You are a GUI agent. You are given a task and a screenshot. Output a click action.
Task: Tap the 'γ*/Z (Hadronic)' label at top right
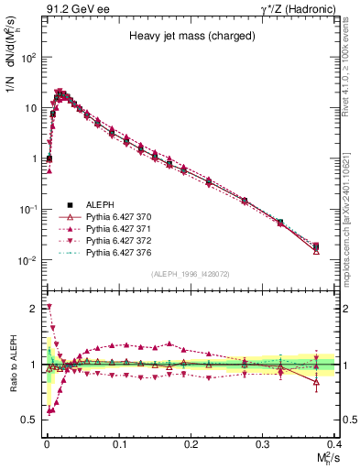point(301,8)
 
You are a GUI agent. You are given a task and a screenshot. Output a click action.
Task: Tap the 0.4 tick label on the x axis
point(335,442)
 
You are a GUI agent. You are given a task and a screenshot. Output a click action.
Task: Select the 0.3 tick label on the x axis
point(263,442)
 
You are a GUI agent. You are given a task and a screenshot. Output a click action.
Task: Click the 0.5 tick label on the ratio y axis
point(31,420)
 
